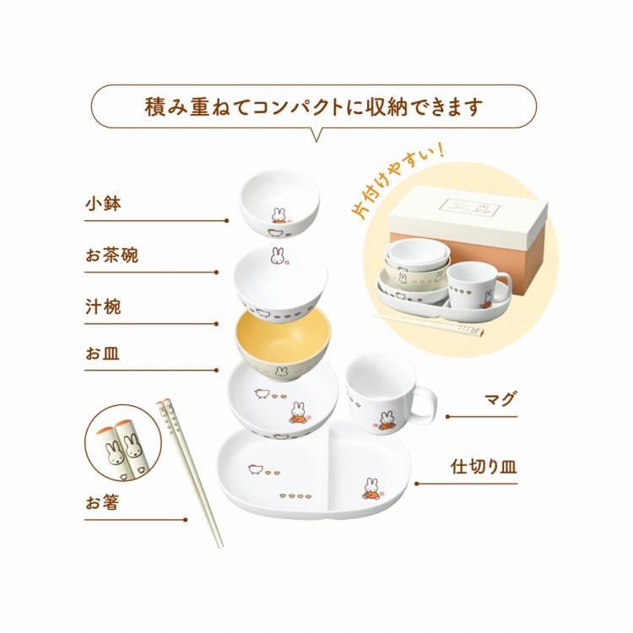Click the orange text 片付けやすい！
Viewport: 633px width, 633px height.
pos(398,187)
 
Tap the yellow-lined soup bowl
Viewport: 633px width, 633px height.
pos(283,333)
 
